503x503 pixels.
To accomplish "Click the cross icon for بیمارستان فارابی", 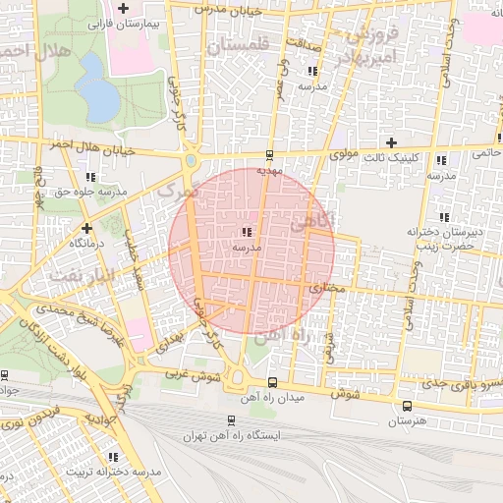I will click(123, 8).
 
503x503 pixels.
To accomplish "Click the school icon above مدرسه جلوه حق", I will click(91, 178).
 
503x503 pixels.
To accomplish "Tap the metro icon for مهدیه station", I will click(270, 155).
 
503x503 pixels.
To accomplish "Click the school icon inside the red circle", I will click(245, 233).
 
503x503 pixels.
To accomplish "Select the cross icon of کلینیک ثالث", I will click(392, 142).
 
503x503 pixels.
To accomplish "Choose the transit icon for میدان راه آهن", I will click(272, 382).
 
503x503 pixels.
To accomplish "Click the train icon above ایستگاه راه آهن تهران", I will click(231, 419).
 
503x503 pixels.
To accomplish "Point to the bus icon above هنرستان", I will click(408, 405).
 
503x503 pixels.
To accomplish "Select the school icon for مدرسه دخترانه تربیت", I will click(114, 457).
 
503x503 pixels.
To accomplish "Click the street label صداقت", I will click(307, 45).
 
